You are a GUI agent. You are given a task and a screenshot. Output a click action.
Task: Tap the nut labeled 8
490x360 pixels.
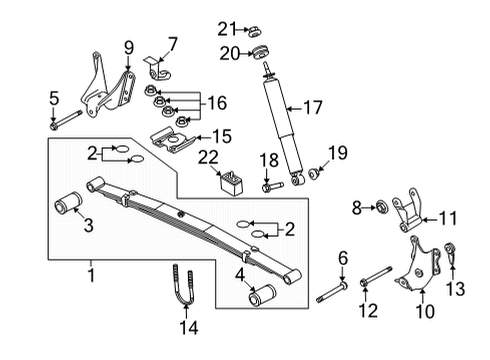(x=381, y=208)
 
